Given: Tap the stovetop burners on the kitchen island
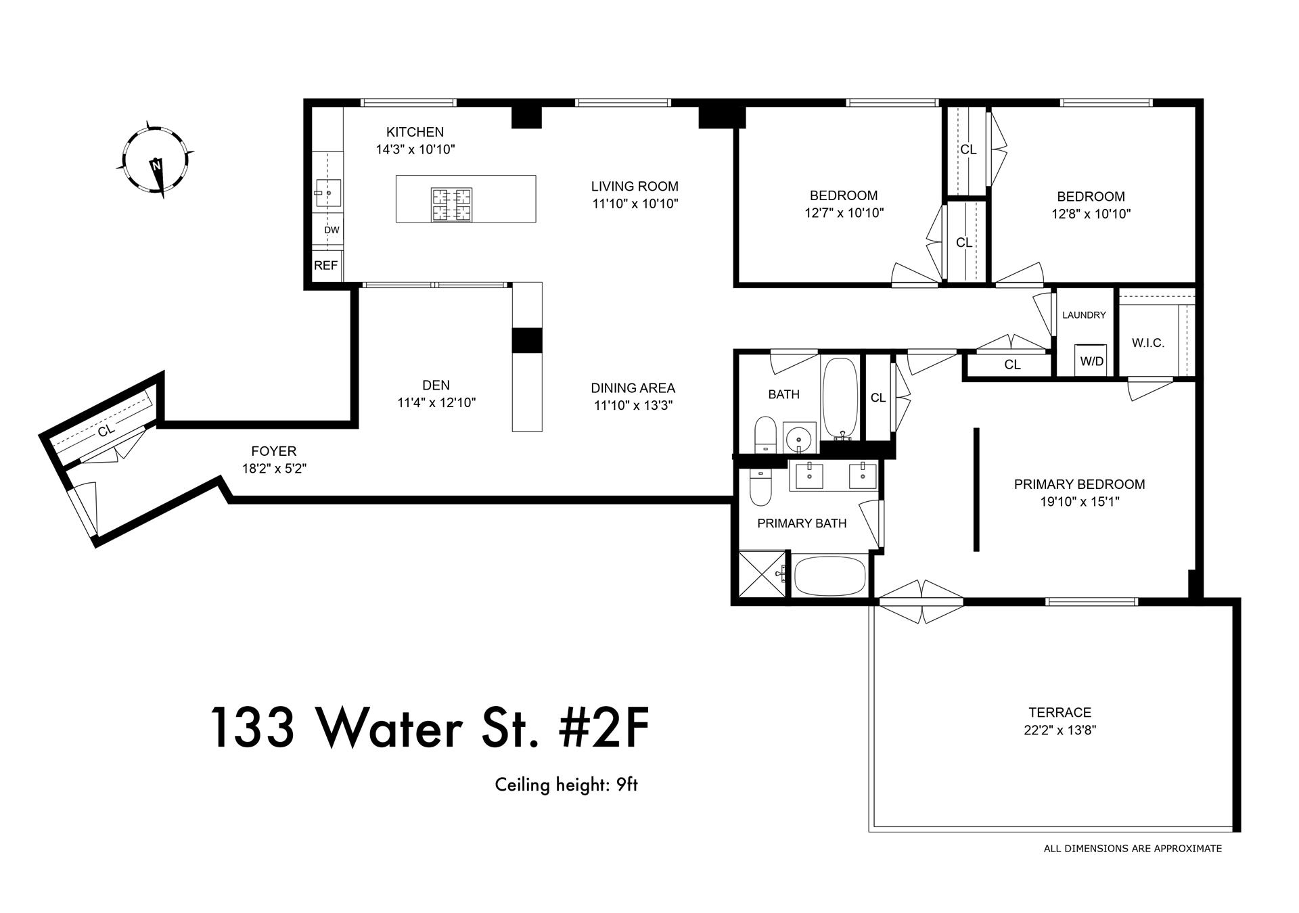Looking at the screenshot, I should (451, 204).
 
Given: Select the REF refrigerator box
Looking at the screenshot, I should (325, 266).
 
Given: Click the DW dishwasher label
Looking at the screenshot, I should (331, 230).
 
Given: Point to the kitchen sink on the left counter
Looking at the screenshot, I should (327, 193).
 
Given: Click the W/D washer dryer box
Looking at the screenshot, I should (1091, 360).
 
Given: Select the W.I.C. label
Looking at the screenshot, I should (1147, 343).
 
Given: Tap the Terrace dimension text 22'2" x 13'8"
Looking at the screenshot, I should (1059, 730).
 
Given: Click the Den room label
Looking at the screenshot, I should (436, 385).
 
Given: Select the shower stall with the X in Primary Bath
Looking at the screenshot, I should (762, 574).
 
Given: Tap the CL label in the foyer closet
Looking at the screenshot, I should (106, 430).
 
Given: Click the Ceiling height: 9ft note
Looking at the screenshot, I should (566, 785).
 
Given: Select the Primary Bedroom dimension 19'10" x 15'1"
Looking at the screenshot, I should (1079, 502).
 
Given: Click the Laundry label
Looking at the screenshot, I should (1084, 315).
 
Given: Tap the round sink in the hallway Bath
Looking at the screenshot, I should (800, 437).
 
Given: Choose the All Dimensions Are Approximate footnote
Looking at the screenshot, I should (1132, 848).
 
